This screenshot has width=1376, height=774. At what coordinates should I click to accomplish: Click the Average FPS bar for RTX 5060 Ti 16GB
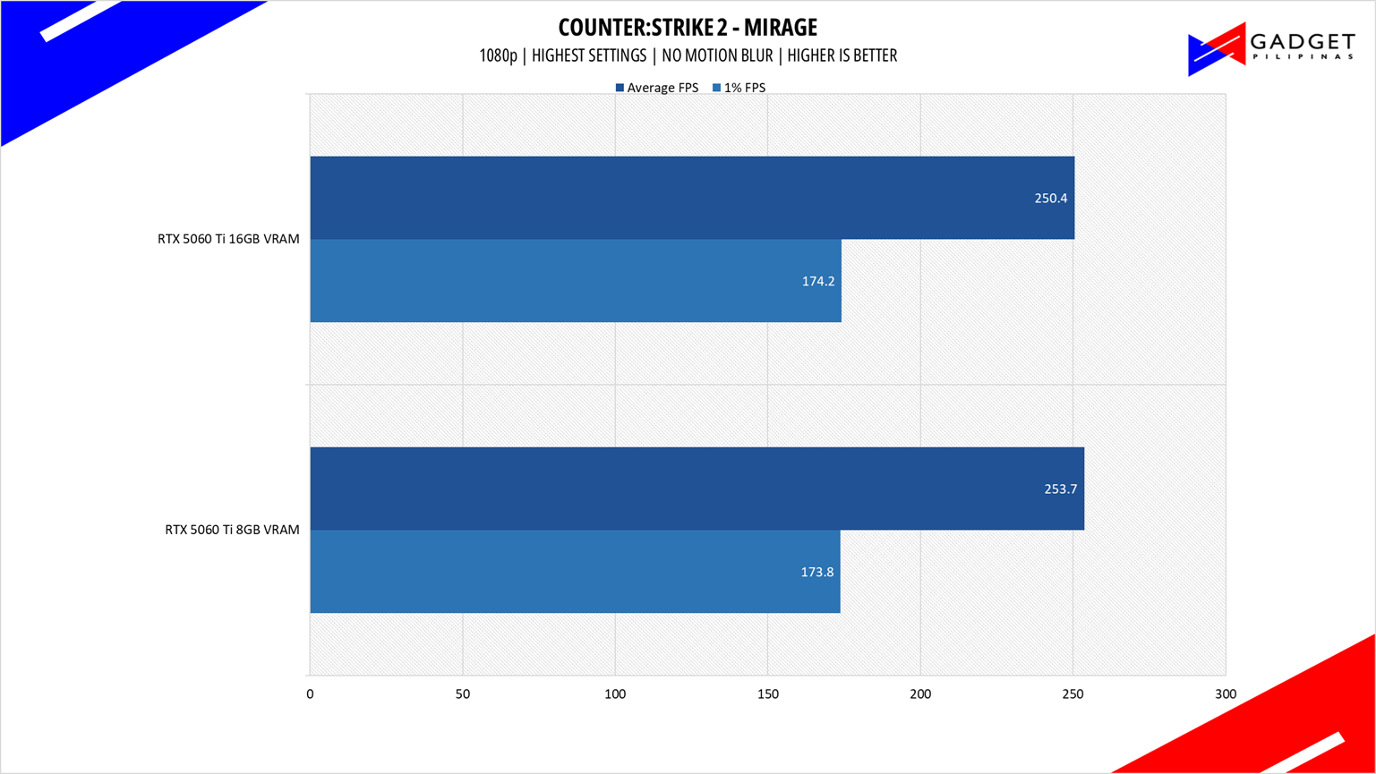click(692, 198)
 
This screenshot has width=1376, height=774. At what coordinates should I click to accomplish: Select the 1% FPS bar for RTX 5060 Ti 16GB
click(576, 280)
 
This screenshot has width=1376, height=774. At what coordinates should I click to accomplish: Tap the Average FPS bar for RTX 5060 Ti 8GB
click(697, 489)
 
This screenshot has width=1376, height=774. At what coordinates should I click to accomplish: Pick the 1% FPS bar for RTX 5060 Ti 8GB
click(575, 571)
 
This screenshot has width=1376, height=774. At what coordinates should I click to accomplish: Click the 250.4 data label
click(1051, 199)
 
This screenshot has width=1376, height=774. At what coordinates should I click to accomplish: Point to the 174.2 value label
click(818, 281)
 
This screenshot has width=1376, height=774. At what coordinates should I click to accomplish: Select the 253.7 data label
click(1061, 489)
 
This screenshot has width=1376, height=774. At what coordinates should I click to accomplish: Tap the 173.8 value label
click(817, 572)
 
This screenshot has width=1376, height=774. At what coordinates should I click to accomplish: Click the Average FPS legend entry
click(657, 88)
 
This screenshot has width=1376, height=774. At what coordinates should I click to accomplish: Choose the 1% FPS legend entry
click(739, 88)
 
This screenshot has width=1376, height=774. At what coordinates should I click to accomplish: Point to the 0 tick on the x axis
click(310, 694)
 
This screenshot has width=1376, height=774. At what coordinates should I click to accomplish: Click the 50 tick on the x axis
click(463, 694)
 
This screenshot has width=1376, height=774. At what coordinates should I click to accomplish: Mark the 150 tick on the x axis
click(767, 694)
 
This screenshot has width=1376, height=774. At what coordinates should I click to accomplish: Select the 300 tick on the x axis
click(1226, 694)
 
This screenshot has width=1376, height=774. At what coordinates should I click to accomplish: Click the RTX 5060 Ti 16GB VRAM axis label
click(228, 239)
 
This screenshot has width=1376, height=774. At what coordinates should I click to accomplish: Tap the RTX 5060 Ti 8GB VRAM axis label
click(232, 530)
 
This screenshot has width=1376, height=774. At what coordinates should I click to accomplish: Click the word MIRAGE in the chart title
click(780, 27)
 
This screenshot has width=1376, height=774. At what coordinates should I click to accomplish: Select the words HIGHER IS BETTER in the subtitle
click(842, 55)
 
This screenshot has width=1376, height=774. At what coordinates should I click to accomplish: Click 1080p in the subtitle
click(498, 55)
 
